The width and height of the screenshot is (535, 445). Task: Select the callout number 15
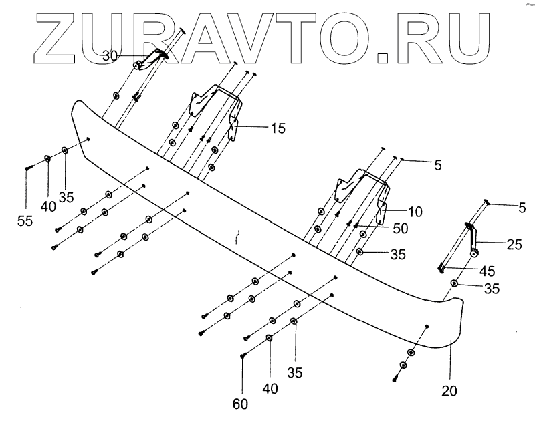point(278,127)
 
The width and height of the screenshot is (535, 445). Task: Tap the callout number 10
point(415,212)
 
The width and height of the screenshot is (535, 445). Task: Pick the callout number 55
point(25,220)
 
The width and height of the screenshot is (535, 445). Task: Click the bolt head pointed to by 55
point(26,168)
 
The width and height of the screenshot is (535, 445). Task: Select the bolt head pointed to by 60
point(243,355)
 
